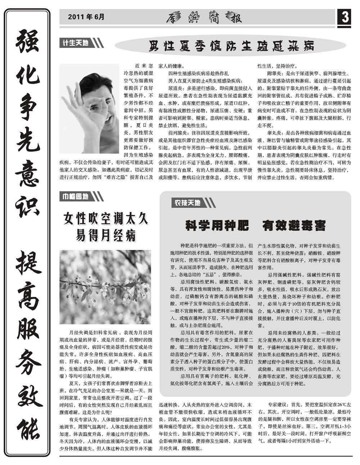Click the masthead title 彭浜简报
coord(204,18)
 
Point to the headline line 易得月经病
coord(105,235)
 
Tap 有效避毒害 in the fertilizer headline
coord(294,226)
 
